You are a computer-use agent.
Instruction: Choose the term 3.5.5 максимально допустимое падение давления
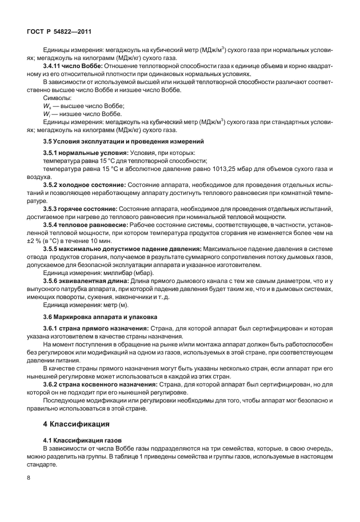(x=122, y=250)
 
